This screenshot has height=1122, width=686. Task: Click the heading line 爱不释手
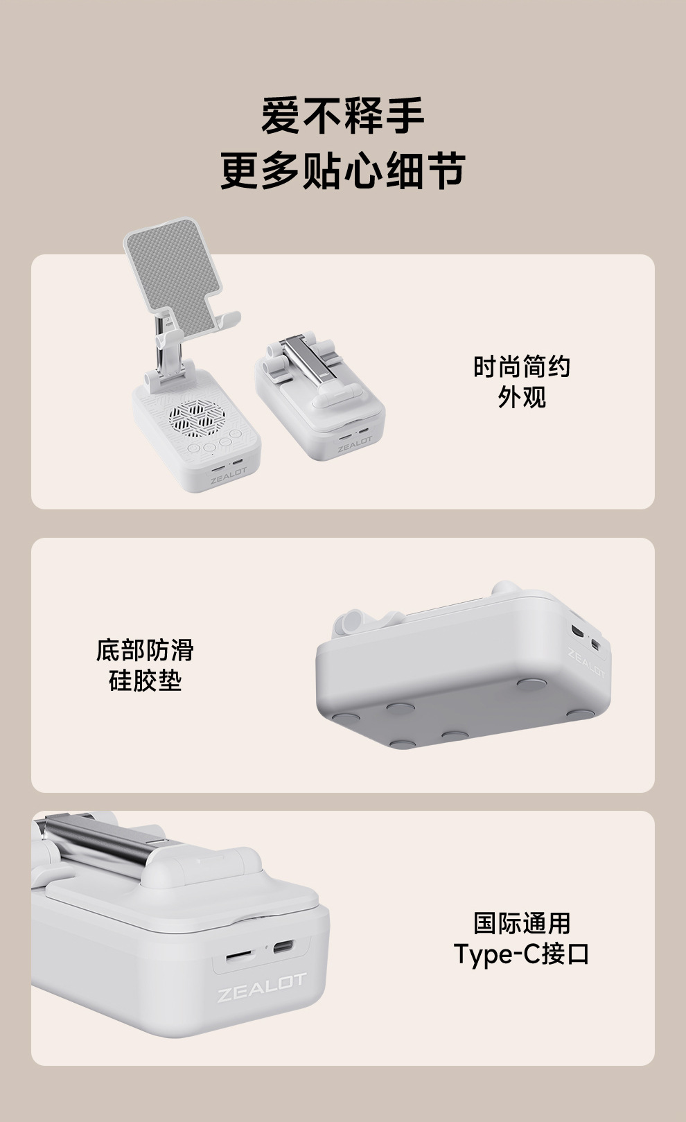click(x=342, y=115)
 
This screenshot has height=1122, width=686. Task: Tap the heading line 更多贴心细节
click(x=342, y=170)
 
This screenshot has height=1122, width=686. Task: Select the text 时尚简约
click(x=521, y=367)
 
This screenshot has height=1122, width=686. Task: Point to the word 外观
click(x=521, y=397)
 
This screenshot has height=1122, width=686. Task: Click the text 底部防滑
click(x=145, y=650)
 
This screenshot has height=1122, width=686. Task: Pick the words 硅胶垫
click(x=145, y=681)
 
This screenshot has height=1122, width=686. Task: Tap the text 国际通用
click(x=521, y=923)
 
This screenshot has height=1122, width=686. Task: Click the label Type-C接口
click(x=521, y=954)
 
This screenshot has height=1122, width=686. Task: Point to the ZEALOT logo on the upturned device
click(x=586, y=663)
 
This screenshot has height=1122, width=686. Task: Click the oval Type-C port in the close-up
click(x=283, y=947)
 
